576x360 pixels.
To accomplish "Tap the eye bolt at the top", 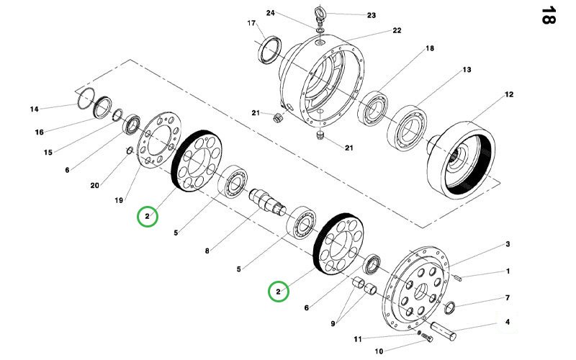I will point(318,12).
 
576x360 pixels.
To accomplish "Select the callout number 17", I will point(251,23).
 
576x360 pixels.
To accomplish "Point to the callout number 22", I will point(397,30).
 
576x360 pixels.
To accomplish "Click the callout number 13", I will point(467,70).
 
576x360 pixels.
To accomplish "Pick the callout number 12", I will point(509,94).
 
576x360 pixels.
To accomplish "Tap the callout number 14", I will point(34,109).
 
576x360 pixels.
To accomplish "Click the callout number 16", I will point(40,132).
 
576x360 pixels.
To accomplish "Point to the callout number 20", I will point(94,185).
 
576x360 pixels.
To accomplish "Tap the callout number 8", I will point(207,251).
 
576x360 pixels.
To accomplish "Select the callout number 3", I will point(508,245).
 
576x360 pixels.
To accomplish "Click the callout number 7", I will point(508,297).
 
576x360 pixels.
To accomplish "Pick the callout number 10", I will point(379,352).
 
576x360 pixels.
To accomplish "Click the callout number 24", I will point(270,13).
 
